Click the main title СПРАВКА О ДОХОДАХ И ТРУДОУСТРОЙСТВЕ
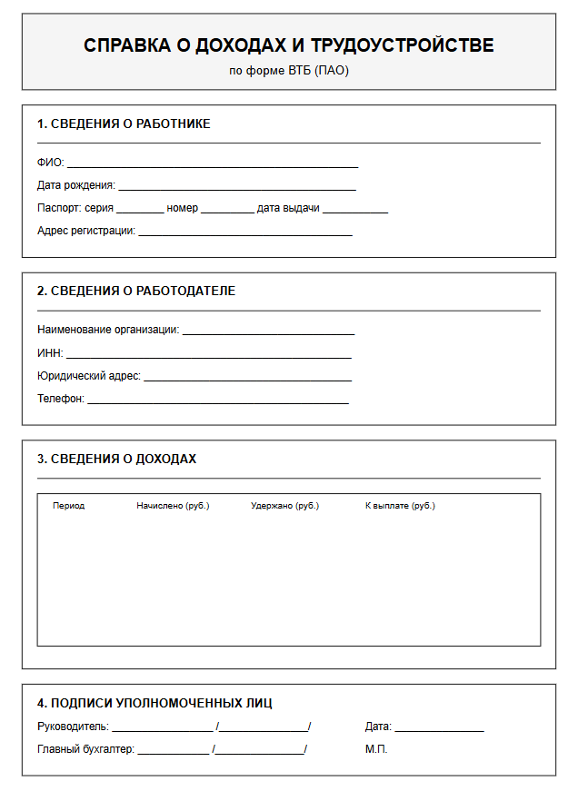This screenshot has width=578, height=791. point(288,45)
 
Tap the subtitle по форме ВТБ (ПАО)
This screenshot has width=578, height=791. point(288,70)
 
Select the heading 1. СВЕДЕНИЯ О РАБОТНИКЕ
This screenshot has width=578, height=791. point(124,124)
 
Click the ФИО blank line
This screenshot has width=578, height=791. point(212,164)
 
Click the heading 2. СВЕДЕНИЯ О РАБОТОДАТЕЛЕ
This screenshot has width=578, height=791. point(136,291)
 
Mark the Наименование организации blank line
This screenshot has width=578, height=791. point(268,331)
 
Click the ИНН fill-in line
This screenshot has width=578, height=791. point(208,354)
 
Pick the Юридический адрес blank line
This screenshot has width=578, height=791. point(247,377)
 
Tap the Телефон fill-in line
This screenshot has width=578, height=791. point(217,400)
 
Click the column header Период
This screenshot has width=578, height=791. point(69,506)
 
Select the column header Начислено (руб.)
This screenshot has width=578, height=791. point(173,506)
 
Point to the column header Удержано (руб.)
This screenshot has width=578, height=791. point(284,506)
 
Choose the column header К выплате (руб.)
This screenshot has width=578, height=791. point(400,506)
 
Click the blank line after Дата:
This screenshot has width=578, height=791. point(439,728)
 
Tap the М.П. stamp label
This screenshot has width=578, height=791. point(376,749)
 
